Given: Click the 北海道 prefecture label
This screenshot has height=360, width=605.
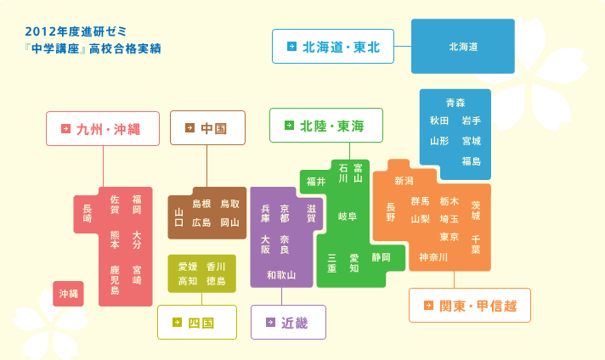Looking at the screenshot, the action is (x=463, y=47).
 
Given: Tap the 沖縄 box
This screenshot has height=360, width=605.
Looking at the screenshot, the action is (x=68, y=294).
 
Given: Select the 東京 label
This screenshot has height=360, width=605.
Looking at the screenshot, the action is (x=450, y=237).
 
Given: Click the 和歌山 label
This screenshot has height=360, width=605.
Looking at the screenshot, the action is (x=281, y=275).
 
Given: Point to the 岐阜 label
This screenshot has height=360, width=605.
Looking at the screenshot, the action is (x=348, y=217).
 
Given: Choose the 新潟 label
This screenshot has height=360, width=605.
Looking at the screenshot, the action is (x=404, y=181).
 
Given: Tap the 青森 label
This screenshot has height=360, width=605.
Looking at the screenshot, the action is (x=455, y=103).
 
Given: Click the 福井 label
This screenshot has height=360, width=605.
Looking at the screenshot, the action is (x=316, y=182).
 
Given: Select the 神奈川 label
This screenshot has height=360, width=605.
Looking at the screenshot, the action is (x=433, y=257).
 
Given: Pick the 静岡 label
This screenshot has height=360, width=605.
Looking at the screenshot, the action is (x=382, y=257).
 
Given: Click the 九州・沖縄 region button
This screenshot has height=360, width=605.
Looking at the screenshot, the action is (x=103, y=129).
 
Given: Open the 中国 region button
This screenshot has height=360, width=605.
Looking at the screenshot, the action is (x=207, y=128).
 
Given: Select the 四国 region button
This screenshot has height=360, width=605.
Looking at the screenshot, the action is (x=197, y=323).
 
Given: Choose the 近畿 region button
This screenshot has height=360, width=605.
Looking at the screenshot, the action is (x=288, y=323).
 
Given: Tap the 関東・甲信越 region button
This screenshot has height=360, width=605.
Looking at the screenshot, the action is (x=470, y=306).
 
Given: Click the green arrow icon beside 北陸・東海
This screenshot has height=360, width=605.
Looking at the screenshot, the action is (x=289, y=126).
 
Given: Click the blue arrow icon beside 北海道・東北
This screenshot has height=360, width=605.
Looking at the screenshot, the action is (x=291, y=46).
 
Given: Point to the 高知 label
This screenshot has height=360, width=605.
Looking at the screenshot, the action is (x=188, y=281).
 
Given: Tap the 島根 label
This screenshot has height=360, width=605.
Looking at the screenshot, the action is (x=201, y=204).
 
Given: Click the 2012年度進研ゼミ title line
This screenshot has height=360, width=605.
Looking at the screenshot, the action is (x=76, y=31).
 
